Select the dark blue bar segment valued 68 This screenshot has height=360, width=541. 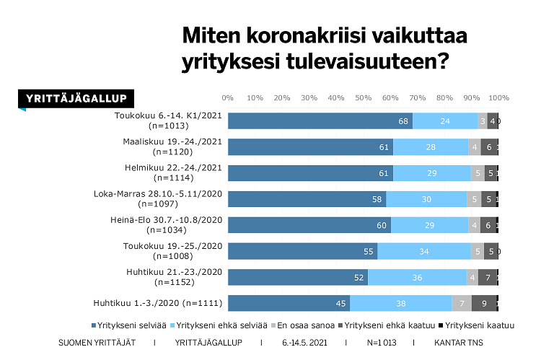[320, 121]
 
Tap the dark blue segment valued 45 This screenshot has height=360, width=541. [289, 303]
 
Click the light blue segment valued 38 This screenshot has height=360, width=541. [400, 303]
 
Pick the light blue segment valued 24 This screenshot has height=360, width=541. [445, 121]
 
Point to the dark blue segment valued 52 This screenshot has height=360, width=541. [298, 277]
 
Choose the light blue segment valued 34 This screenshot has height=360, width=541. [424, 251]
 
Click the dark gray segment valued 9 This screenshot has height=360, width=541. [483, 303]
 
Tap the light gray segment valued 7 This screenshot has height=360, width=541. [462, 303]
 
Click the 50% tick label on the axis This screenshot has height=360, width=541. [364, 97]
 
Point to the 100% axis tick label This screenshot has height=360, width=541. [499, 97]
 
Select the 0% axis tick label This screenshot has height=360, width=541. [228, 97]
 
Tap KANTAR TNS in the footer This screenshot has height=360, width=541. [459, 342]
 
